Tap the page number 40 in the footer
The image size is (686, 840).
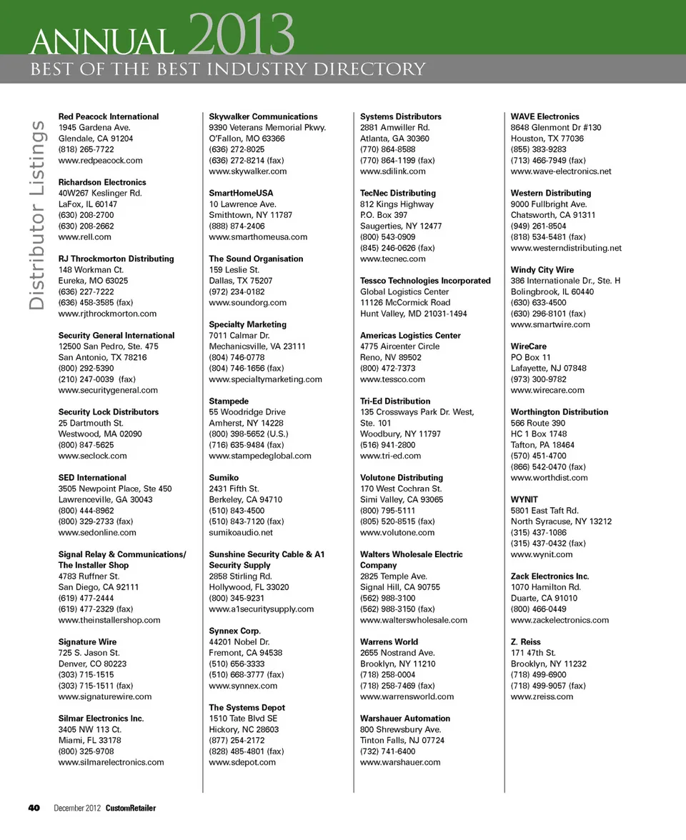34,808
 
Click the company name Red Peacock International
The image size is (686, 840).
109,116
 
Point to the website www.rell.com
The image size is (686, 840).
84,236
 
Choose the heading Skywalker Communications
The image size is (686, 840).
263,116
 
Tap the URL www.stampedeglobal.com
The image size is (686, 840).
260,456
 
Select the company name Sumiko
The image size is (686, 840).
224,477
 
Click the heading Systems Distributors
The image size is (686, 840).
401,116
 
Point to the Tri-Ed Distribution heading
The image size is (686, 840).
395,401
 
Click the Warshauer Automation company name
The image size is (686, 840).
405,719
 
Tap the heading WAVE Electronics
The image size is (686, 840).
545,116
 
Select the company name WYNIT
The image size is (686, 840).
525,499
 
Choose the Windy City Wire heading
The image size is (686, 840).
542,270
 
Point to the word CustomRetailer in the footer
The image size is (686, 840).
131,808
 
